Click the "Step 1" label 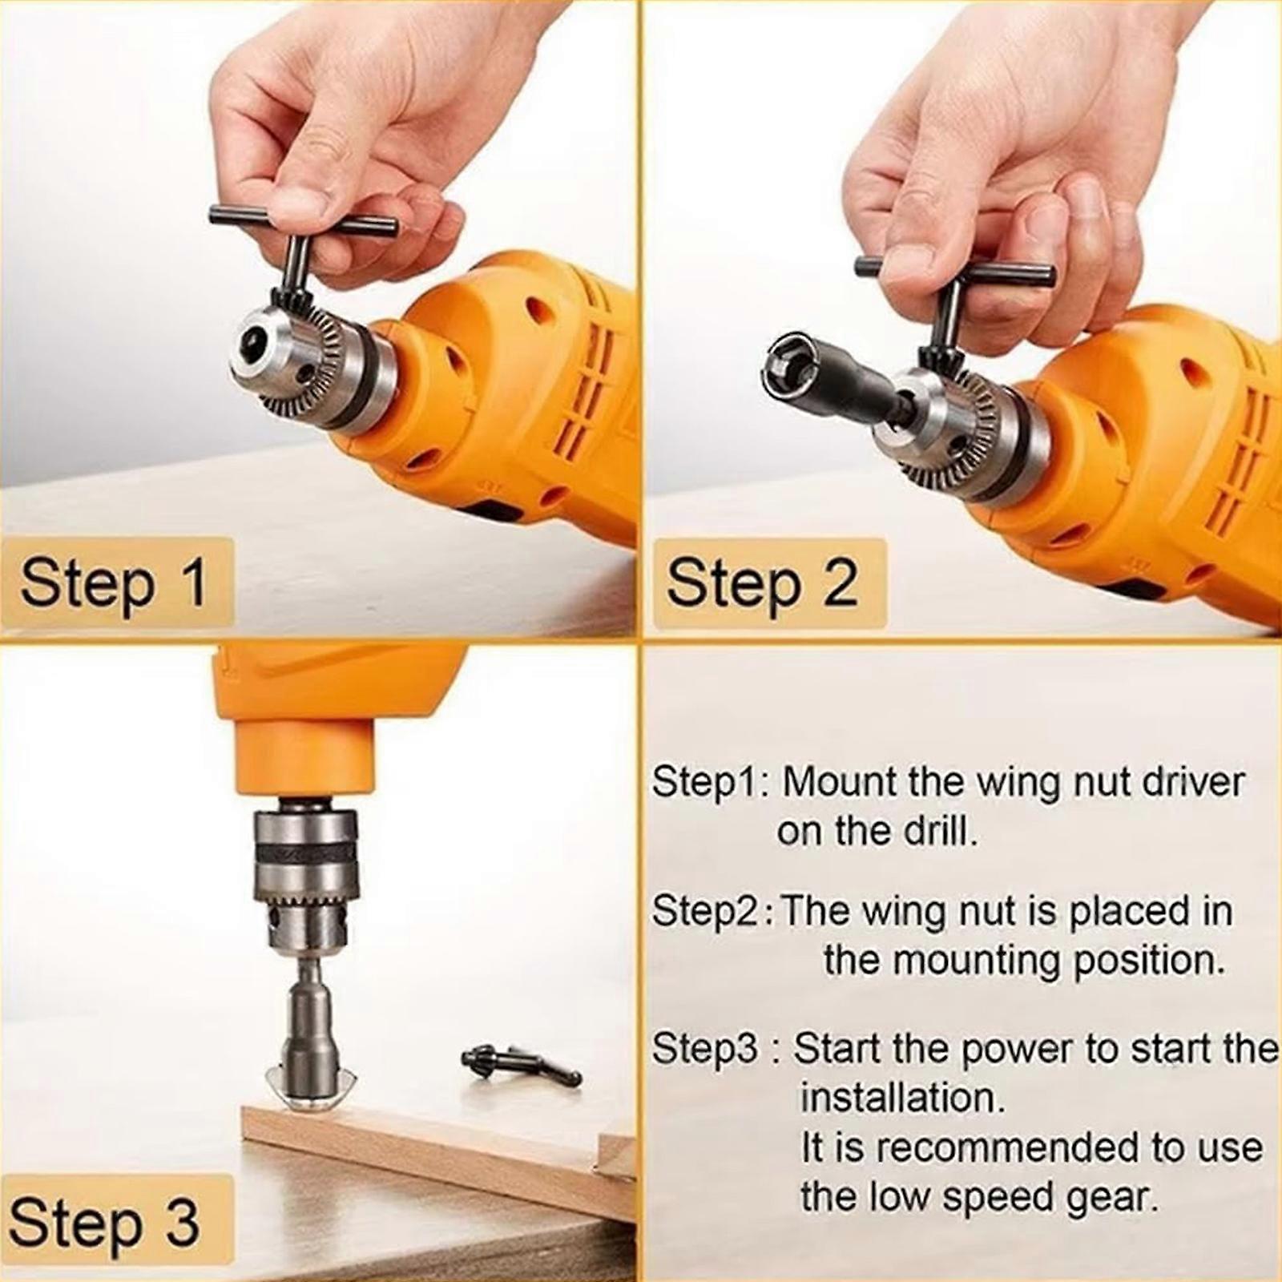115,583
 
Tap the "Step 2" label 761,583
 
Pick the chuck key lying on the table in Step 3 522,1064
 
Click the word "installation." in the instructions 903,1097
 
